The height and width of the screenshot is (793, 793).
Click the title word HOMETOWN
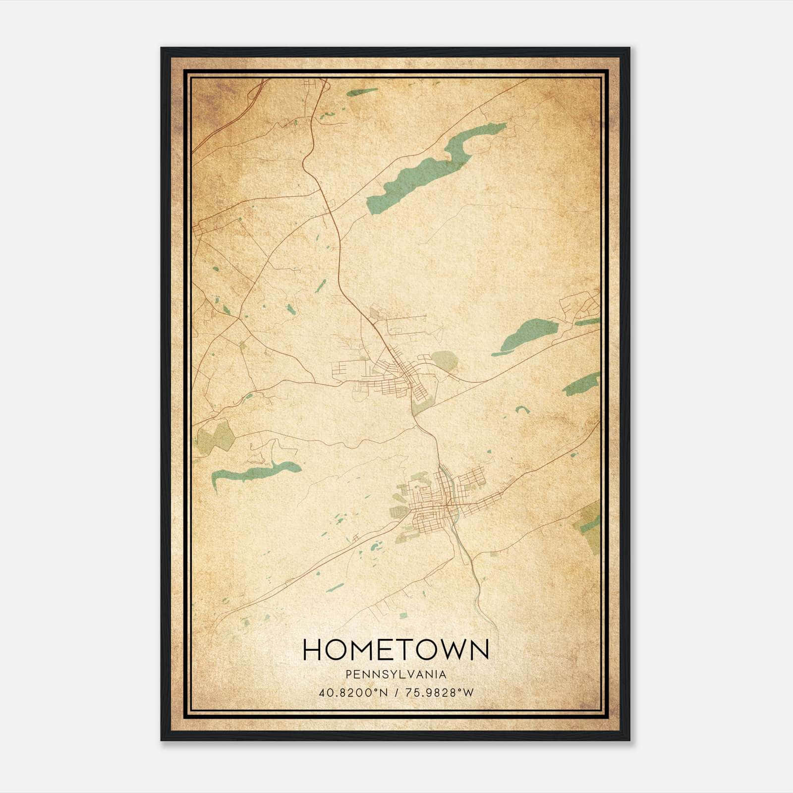point(396,650)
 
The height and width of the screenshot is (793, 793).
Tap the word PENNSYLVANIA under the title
point(396,675)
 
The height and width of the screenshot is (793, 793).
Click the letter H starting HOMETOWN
point(313,650)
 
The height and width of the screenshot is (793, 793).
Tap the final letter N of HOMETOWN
point(477,650)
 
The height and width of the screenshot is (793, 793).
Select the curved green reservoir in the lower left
point(253,472)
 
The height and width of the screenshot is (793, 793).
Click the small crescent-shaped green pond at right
point(520,409)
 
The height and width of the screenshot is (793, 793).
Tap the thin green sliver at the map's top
point(362,92)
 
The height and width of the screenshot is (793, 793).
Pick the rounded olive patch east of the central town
point(444,360)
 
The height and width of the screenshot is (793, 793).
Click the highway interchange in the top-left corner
point(258,92)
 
